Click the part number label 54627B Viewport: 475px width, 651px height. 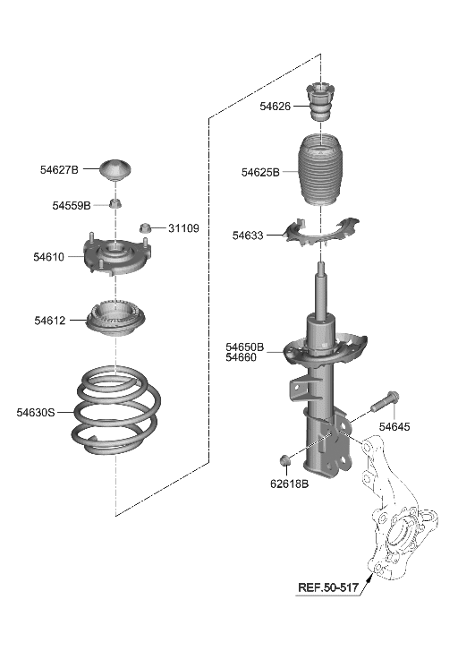click(59, 169)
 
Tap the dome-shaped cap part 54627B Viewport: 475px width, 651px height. click(117, 168)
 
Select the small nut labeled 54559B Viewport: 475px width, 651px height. click(116, 205)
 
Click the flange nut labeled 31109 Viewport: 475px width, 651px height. click(148, 228)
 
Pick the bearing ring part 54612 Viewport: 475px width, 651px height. click(116, 319)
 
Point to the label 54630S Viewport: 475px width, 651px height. click(36, 412)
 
